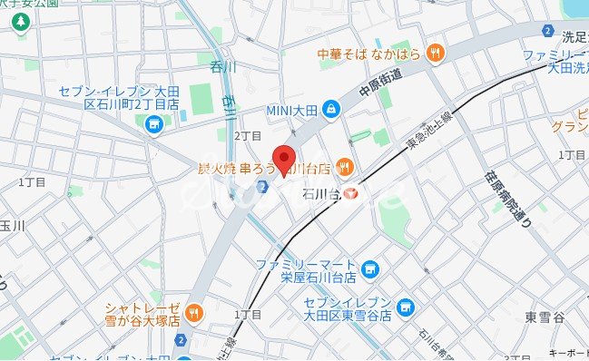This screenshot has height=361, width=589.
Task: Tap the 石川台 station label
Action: coord(321,193)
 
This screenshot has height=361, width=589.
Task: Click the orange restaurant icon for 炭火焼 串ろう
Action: coord(344,166)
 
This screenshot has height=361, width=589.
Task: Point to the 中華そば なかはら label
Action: coord(370,54)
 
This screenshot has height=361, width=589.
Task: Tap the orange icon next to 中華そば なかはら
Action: coord(435,53)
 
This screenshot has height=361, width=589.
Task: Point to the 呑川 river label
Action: coord(222,66)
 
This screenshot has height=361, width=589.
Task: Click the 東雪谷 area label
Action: coord(545,317)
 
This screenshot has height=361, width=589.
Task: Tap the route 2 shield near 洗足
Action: coord(547,31)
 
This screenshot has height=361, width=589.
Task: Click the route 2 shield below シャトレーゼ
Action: coord(182,341)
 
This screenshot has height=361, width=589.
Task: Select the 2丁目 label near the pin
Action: coord(248,135)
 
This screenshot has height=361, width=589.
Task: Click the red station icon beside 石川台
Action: coord(351,193)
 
